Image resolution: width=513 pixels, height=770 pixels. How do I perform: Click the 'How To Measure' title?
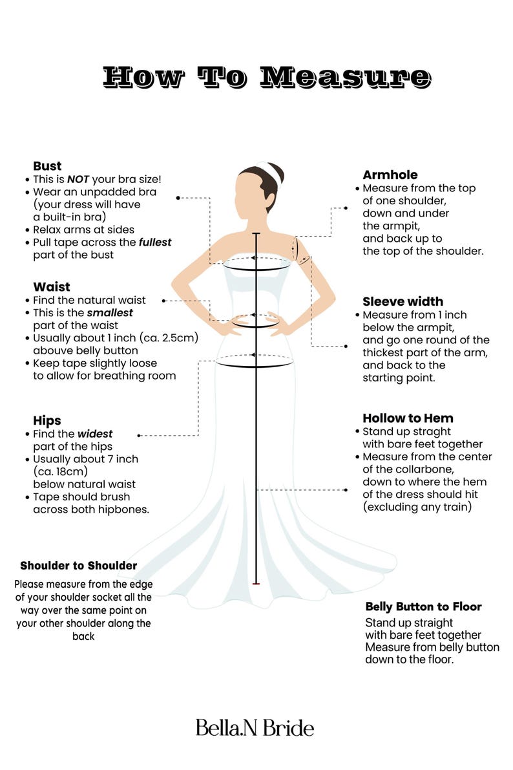(267, 78)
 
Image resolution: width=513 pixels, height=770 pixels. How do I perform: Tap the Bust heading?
(47, 166)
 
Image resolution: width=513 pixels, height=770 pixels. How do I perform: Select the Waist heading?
(52, 287)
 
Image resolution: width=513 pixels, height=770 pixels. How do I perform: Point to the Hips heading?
(47, 421)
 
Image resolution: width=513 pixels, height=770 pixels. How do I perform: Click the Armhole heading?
(390, 175)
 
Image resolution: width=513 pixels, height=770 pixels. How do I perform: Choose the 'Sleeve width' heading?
(403, 301)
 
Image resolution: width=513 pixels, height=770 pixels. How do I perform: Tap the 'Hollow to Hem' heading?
(408, 418)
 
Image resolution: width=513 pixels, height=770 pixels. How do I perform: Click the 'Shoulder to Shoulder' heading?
(79, 566)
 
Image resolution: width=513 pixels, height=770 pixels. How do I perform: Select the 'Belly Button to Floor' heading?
(424, 607)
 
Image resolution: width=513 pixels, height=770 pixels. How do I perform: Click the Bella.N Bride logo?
(255, 728)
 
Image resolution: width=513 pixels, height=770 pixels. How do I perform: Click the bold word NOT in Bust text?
(78, 179)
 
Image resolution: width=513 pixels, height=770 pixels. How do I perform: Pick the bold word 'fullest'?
(155, 242)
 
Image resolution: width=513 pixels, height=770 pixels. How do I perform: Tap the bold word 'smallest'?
(110, 313)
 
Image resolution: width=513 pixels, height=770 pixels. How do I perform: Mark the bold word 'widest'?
(95, 434)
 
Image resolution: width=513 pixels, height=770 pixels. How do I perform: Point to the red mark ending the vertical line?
(256, 583)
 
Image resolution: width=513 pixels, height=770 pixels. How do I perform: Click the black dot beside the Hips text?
(139, 436)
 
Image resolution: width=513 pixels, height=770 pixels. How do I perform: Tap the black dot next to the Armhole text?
(346, 208)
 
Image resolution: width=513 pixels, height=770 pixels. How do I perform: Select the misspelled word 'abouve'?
(54, 350)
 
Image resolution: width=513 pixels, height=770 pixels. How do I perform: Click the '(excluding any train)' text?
(417, 507)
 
